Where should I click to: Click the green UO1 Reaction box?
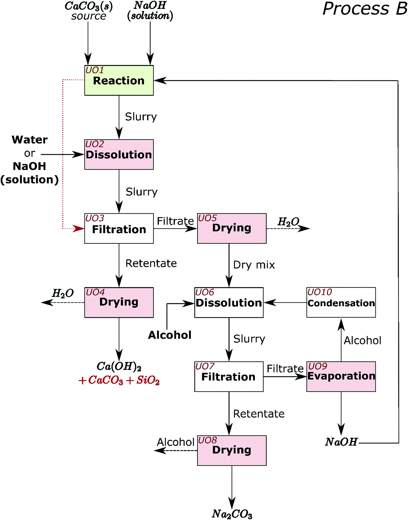point(119,80)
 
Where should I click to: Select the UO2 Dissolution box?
point(119,154)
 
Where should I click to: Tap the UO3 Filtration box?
point(119,228)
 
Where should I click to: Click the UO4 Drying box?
point(119,302)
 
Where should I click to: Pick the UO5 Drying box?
point(232,228)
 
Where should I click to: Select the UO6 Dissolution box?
point(229,302)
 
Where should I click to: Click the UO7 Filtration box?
point(229,376)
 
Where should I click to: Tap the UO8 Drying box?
point(232,450)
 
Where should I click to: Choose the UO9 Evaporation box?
point(341,376)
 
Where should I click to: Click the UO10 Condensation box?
point(341,302)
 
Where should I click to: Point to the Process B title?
point(364,9)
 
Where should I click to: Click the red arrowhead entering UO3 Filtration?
point(79,228)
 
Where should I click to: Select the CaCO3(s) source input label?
point(88,11)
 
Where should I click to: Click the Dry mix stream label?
point(254,265)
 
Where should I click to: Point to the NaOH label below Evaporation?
point(341,442)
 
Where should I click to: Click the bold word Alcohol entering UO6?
point(170,335)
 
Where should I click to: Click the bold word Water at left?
point(30,140)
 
